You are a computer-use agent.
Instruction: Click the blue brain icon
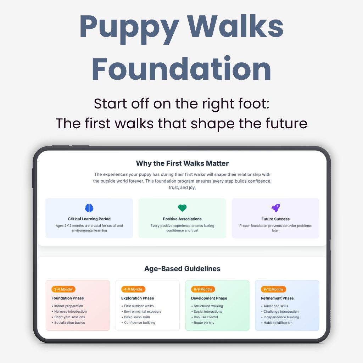click(89, 208)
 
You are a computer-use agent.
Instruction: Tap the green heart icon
click(182, 208)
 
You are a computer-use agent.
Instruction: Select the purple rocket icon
click(275, 208)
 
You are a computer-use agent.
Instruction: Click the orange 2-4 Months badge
click(63, 289)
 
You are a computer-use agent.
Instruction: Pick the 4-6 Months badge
click(133, 289)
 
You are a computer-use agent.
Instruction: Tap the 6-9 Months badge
click(203, 289)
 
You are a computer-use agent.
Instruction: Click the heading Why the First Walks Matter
click(182, 163)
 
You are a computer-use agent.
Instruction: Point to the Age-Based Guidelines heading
click(182, 269)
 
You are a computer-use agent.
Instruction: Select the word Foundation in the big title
click(181, 69)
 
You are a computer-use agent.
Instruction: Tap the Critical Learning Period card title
click(89, 219)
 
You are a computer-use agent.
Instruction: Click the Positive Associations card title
click(182, 219)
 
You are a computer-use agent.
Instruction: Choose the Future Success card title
click(275, 219)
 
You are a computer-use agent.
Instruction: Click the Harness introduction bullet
click(70, 312)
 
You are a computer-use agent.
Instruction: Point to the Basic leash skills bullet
click(137, 317)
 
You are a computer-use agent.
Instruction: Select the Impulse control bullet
click(206, 317)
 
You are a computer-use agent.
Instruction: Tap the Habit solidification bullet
click(278, 323)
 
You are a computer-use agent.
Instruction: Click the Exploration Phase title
click(138, 298)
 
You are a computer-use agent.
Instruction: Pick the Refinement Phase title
click(277, 298)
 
